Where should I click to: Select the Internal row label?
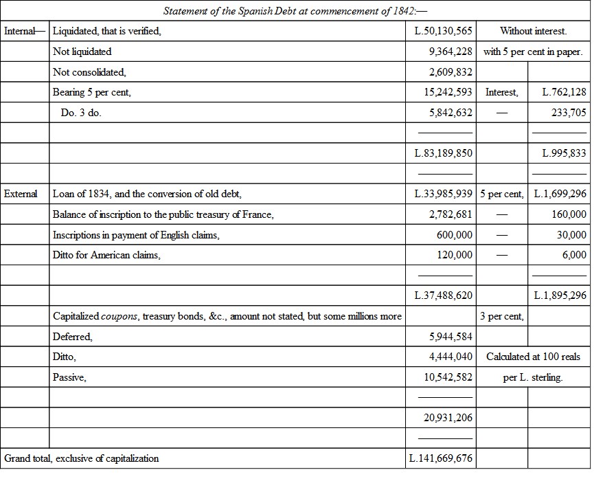point(25,31)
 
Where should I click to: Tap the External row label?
point(21,194)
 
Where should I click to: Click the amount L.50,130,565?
point(444,31)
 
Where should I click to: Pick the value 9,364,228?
point(450,52)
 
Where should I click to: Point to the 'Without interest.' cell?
point(533,31)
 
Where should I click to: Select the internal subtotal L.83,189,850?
point(444,153)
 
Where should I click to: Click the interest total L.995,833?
point(564,153)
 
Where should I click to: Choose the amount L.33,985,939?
point(444,194)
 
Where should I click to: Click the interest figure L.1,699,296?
point(560,194)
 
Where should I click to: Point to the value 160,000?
point(569,214)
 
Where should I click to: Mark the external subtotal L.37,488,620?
point(444,295)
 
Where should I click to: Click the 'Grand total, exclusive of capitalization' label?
point(82,458)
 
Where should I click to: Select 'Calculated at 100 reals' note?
point(533,357)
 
